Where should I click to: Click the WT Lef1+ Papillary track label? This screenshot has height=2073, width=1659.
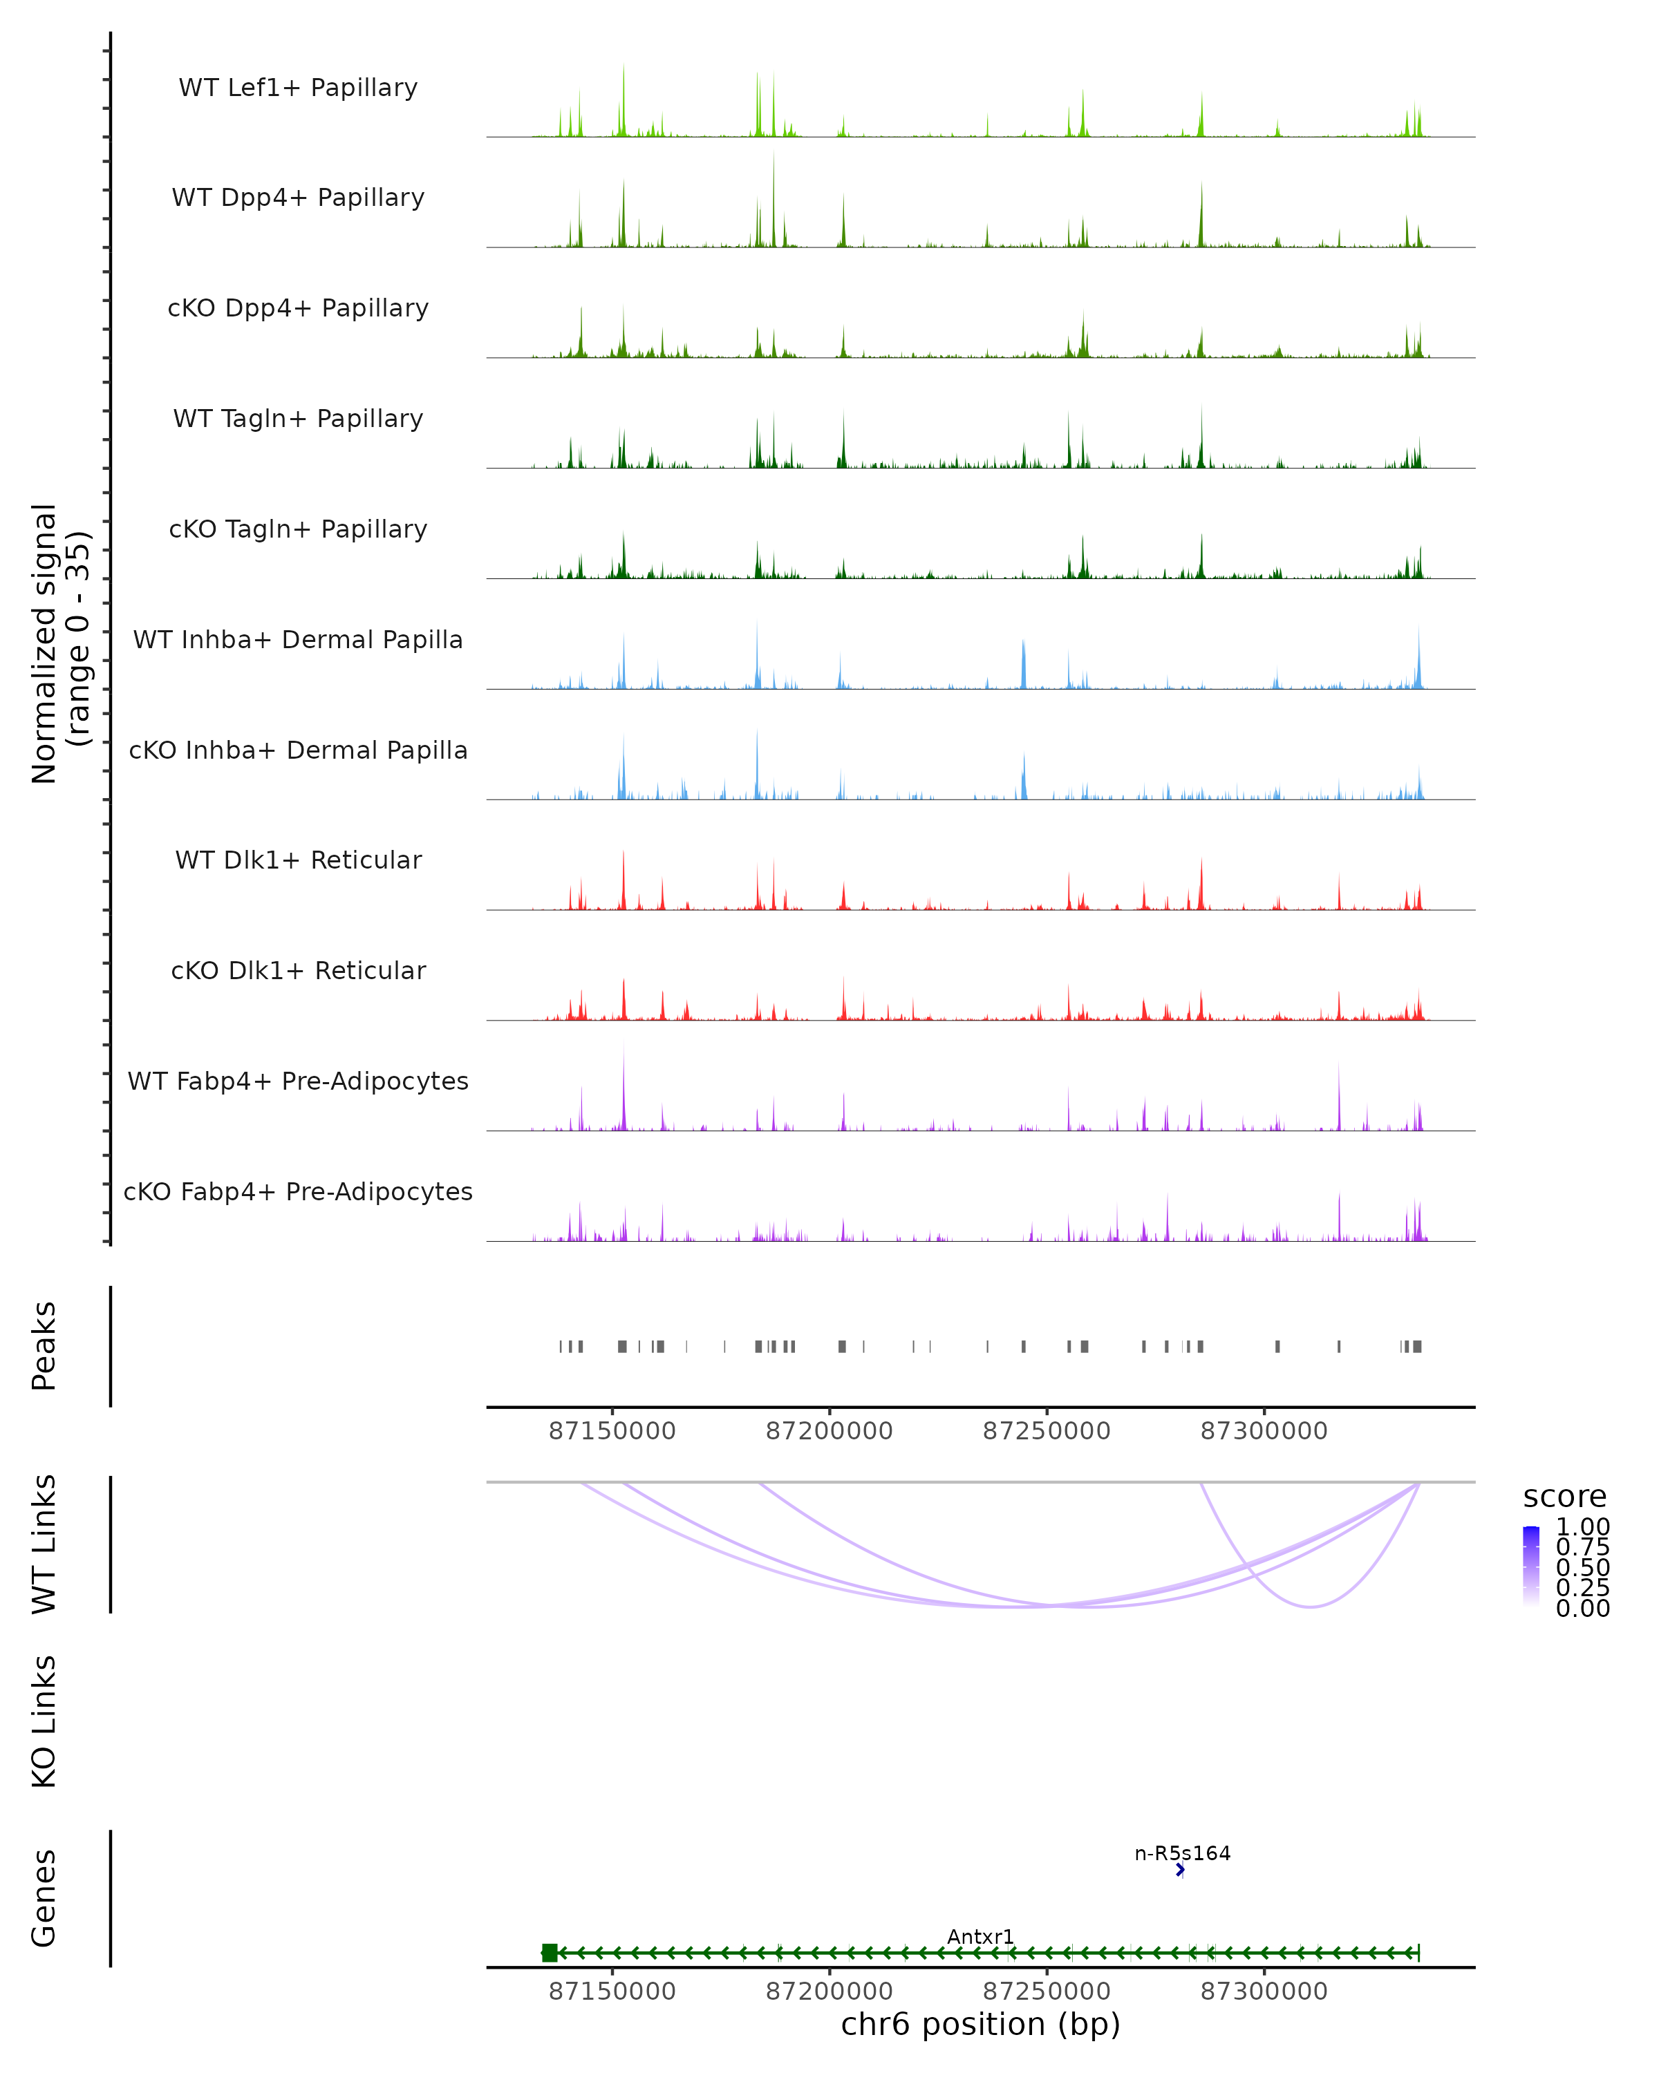click(x=298, y=88)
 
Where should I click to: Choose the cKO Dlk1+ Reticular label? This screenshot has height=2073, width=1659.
click(x=298, y=970)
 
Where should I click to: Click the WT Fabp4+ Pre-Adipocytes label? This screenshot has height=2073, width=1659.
click(x=298, y=1081)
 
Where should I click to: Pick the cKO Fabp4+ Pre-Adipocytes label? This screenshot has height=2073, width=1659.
click(x=298, y=1191)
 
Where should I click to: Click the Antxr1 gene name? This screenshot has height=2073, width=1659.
click(x=980, y=1936)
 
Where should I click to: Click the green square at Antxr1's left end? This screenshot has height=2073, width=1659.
click(x=549, y=1952)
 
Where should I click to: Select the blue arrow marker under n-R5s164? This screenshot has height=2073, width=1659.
click(x=1180, y=1869)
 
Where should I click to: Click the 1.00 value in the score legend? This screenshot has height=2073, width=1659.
click(x=1583, y=1527)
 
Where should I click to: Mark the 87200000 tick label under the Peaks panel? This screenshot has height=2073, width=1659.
click(x=829, y=1431)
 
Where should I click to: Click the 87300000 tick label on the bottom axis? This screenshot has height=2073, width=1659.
click(x=1264, y=1991)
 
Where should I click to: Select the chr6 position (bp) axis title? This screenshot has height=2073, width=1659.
click(x=980, y=2024)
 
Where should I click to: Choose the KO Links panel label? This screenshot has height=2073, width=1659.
click(x=44, y=1721)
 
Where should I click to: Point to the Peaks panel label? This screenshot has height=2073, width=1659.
click(x=44, y=1345)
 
